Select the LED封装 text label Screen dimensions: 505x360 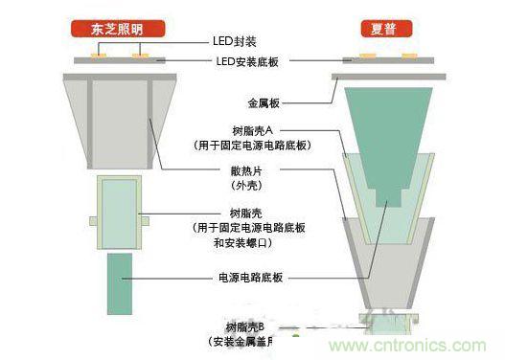[235, 42]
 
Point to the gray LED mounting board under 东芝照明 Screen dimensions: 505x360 [121, 63]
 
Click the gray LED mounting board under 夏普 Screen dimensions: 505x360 [389, 63]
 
